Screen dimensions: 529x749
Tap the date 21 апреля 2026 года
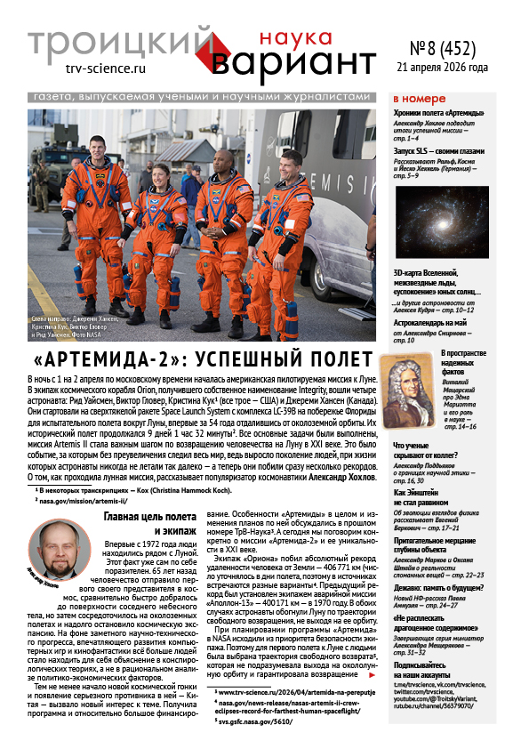click(453, 67)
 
